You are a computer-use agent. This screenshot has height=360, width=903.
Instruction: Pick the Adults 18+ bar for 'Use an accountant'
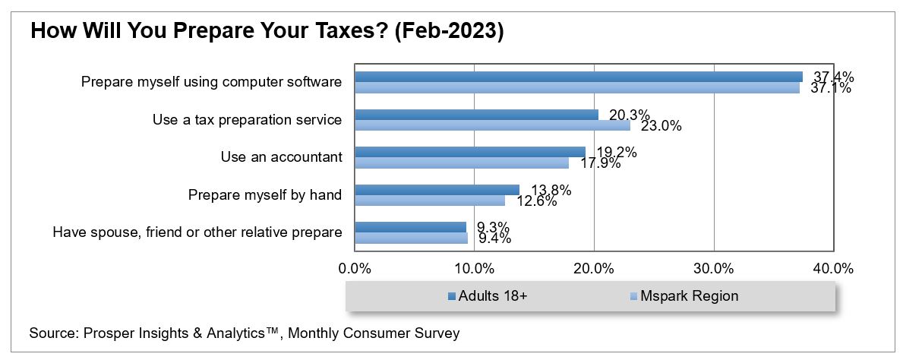(x=470, y=152)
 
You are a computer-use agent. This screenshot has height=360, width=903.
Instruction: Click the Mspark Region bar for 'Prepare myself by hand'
(x=430, y=201)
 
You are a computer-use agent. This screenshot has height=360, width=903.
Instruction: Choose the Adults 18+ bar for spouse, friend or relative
(x=410, y=226)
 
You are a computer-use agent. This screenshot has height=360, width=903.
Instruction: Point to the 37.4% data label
(x=832, y=77)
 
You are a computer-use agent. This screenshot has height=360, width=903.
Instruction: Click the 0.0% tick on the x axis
(x=354, y=269)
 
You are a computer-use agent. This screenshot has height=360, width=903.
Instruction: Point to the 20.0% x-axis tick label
(x=594, y=269)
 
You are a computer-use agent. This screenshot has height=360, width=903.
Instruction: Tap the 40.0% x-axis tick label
(x=833, y=269)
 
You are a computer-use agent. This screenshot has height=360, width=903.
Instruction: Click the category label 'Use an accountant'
(x=281, y=157)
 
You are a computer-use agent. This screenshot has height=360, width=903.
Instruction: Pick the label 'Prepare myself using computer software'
(x=211, y=81)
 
